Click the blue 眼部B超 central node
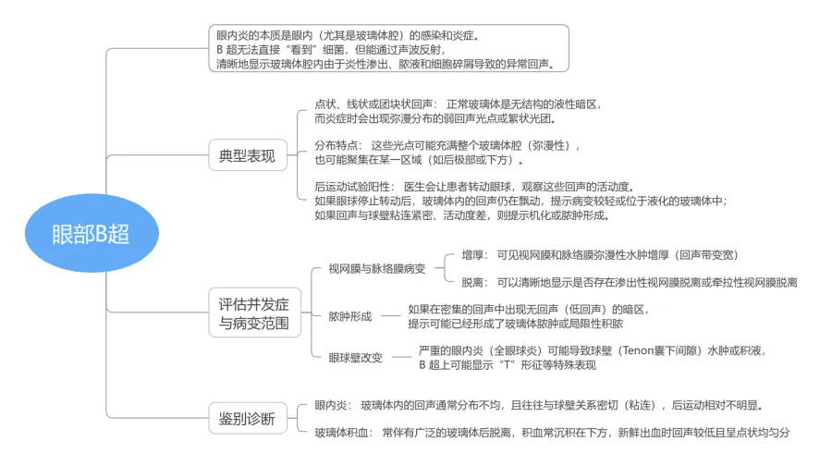point(91,233)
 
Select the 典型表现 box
point(241,155)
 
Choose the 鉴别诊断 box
point(241,418)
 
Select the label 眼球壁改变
point(355,358)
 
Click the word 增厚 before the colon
point(471,254)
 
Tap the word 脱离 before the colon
point(471,281)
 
